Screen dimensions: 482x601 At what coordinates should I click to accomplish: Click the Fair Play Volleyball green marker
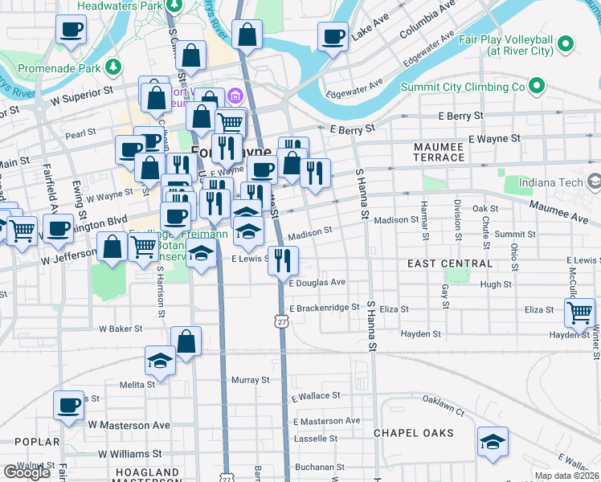click(x=566, y=43)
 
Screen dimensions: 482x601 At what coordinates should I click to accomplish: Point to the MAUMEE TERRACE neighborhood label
click(x=439, y=153)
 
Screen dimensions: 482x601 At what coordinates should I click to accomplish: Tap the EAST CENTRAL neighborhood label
click(x=449, y=263)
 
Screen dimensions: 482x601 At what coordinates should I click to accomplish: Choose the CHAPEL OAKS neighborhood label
click(x=414, y=433)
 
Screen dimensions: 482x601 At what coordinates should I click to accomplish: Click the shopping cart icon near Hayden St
click(x=579, y=312)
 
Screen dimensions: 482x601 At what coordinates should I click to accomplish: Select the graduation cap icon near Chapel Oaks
click(x=493, y=442)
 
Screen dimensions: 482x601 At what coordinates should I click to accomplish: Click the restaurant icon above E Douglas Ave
click(x=284, y=259)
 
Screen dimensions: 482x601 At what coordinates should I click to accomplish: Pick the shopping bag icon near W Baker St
click(x=186, y=342)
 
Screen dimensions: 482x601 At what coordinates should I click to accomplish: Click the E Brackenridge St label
click(x=323, y=308)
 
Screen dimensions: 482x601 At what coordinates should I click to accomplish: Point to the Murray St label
click(x=250, y=379)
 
